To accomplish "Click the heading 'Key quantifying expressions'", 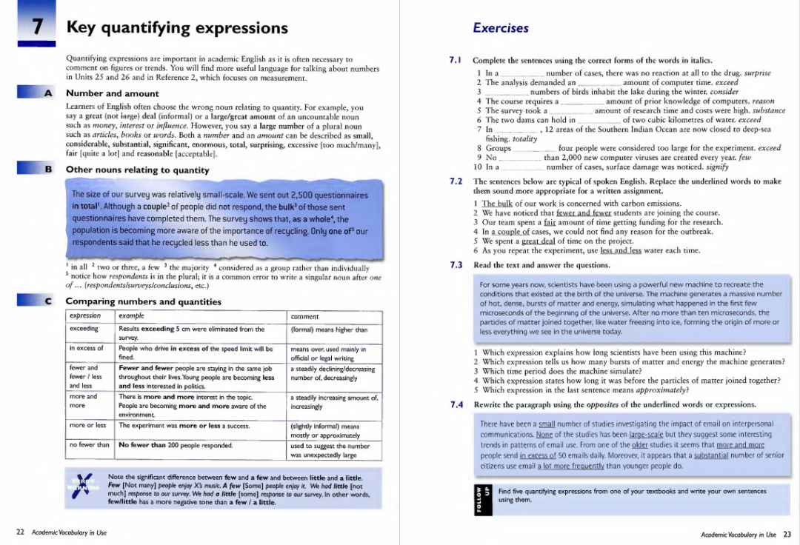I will [177, 28].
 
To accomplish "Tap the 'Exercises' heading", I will [500, 28].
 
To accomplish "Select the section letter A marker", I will [48, 93].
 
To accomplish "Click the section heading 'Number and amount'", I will [112, 93].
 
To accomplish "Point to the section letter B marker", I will [48, 170].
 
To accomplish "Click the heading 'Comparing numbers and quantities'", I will [143, 301].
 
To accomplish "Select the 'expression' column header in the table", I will [84, 316].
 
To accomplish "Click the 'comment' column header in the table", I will [304, 316].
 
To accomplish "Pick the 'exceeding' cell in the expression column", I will [84, 329].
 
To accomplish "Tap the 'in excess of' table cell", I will [86, 348].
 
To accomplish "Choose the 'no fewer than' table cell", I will [89, 445].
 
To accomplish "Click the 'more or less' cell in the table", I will [87, 426].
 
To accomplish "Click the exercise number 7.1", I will [456, 60].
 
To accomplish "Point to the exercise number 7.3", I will [456, 265].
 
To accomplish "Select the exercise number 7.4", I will [456, 405].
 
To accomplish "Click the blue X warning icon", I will [81, 488].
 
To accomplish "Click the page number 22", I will [21, 532].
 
